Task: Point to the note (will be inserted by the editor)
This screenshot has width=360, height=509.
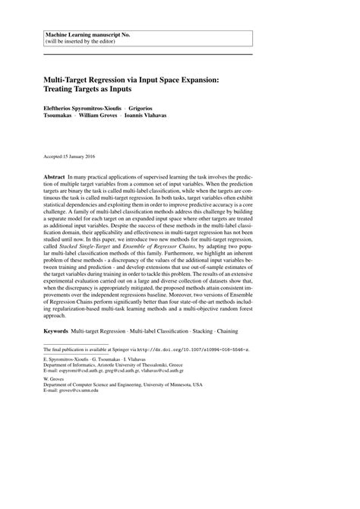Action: point(81,43)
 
